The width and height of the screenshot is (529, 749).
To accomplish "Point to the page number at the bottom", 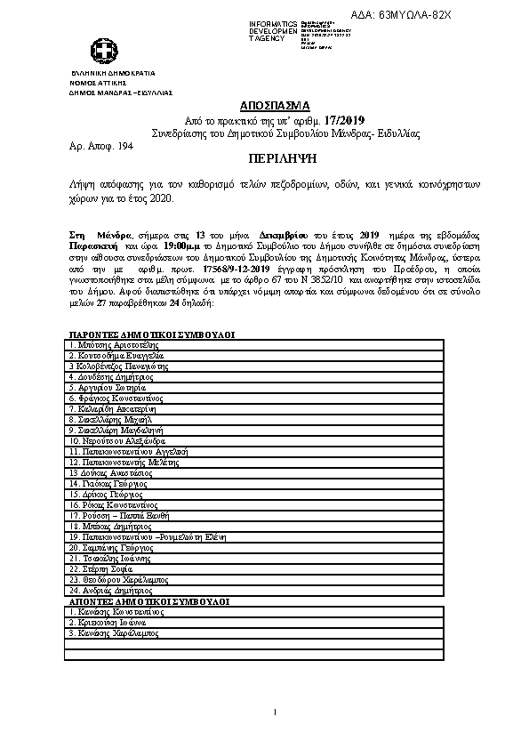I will [x=276, y=712].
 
